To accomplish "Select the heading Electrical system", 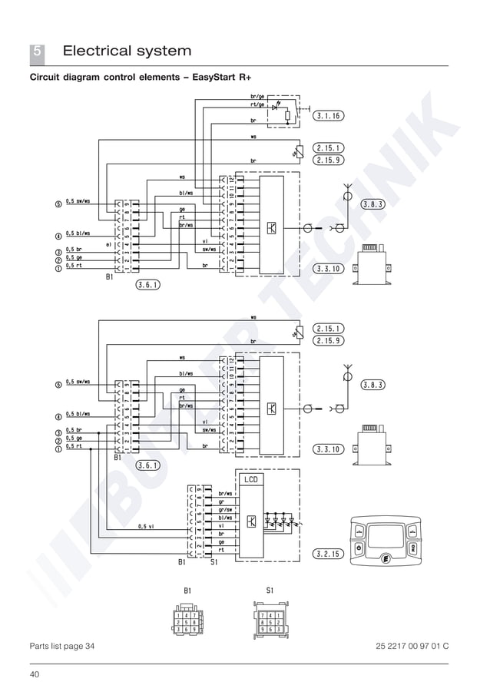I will click(x=127, y=51).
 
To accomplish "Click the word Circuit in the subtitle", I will click(x=48, y=78).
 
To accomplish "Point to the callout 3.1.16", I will click(x=329, y=116).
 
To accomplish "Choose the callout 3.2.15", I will click(x=329, y=552).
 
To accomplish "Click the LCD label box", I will click(x=252, y=479).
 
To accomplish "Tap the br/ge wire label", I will click(x=257, y=96).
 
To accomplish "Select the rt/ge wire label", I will click(x=257, y=105).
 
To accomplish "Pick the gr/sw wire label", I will click(x=225, y=510).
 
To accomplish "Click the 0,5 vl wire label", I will click(x=146, y=527).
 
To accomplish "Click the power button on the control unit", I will click(x=359, y=548).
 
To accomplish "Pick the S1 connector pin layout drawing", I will click(x=270, y=620).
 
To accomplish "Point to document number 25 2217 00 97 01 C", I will click(x=412, y=646).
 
